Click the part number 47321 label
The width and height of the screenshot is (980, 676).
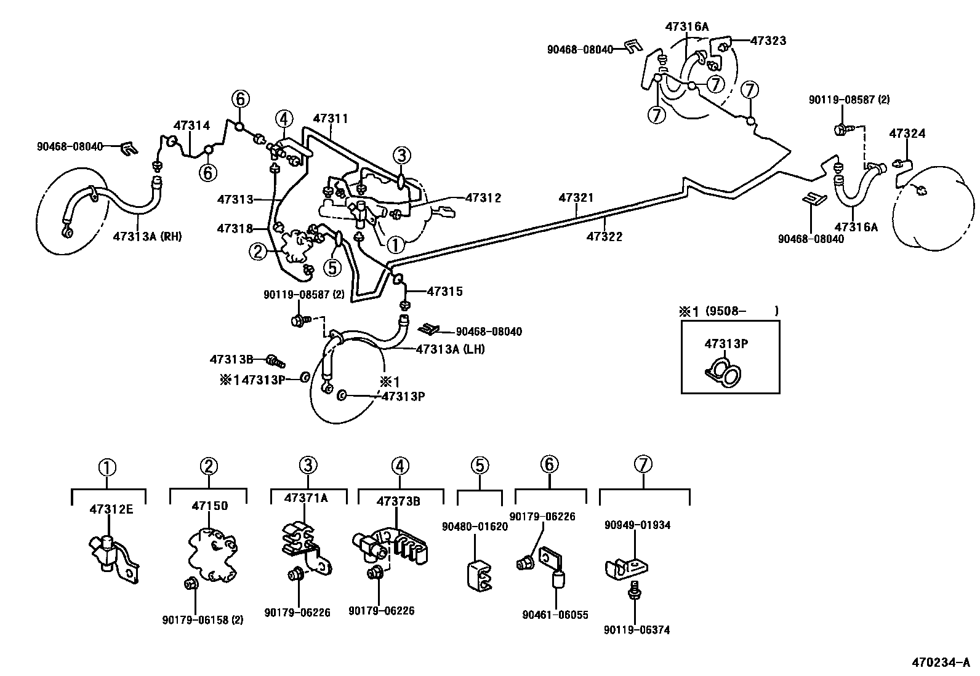(x=576, y=197)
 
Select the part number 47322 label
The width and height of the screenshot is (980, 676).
(x=604, y=236)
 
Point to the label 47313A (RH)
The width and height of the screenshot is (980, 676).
(x=147, y=236)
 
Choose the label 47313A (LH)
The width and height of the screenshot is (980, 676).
(x=450, y=349)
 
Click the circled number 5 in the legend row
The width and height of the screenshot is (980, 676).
(x=480, y=466)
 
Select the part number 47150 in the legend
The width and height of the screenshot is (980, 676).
(x=209, y=506)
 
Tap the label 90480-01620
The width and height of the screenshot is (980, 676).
(x=475, y=527)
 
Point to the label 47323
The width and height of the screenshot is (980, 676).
(x=768, y=41)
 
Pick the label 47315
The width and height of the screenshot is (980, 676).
(x=444, y=292)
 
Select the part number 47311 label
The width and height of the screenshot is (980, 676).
(x=331, y=118)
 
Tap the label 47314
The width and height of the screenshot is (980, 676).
(x=191, y=125)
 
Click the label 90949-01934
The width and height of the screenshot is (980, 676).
(x=637, y=525)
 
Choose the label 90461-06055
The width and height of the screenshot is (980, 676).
(x=555, y=614)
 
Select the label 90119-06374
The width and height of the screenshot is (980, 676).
(x=637, y=629)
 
